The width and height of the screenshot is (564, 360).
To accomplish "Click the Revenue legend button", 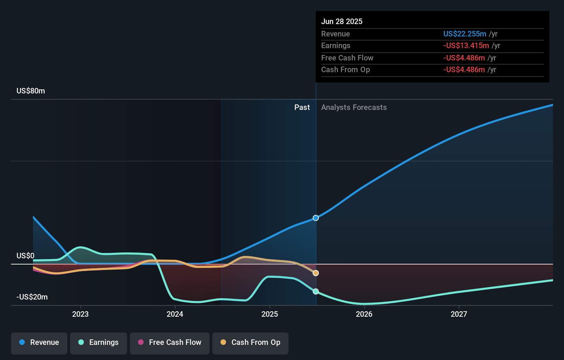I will coord(39,343).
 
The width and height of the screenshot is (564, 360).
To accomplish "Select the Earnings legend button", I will coord(99,343).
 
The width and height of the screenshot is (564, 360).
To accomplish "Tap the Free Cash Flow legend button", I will coord(170,343).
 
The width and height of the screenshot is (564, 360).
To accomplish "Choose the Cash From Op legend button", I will coord(250,343).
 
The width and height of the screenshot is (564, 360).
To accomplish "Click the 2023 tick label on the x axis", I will coord(80,314).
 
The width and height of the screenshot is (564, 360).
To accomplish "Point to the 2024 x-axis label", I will coord(175,314).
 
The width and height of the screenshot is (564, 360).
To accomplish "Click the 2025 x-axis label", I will coord(270,314).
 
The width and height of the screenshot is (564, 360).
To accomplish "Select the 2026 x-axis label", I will coord(364,314).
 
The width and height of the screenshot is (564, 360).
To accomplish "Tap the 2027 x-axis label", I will coord(459,314).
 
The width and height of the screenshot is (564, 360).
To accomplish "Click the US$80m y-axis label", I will coord(31,91).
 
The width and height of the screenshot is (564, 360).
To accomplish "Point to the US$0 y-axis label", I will coord(25,256).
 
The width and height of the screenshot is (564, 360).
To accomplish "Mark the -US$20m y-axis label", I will coord(32,297).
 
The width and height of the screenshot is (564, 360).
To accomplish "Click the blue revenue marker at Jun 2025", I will coord(316,218).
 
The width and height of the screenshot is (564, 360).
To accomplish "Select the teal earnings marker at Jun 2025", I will coord(316,292).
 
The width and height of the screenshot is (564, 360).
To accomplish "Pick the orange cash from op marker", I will coord(316,273).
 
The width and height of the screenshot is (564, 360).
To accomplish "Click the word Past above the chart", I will coord(302,108).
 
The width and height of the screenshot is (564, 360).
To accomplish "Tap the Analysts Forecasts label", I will coord(354,108).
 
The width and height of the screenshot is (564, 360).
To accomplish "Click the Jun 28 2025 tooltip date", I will coord(342,22).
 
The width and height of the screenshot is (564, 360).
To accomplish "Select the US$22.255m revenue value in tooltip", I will coord(464,34).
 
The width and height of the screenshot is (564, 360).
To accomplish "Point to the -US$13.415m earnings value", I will coord(466,46).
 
